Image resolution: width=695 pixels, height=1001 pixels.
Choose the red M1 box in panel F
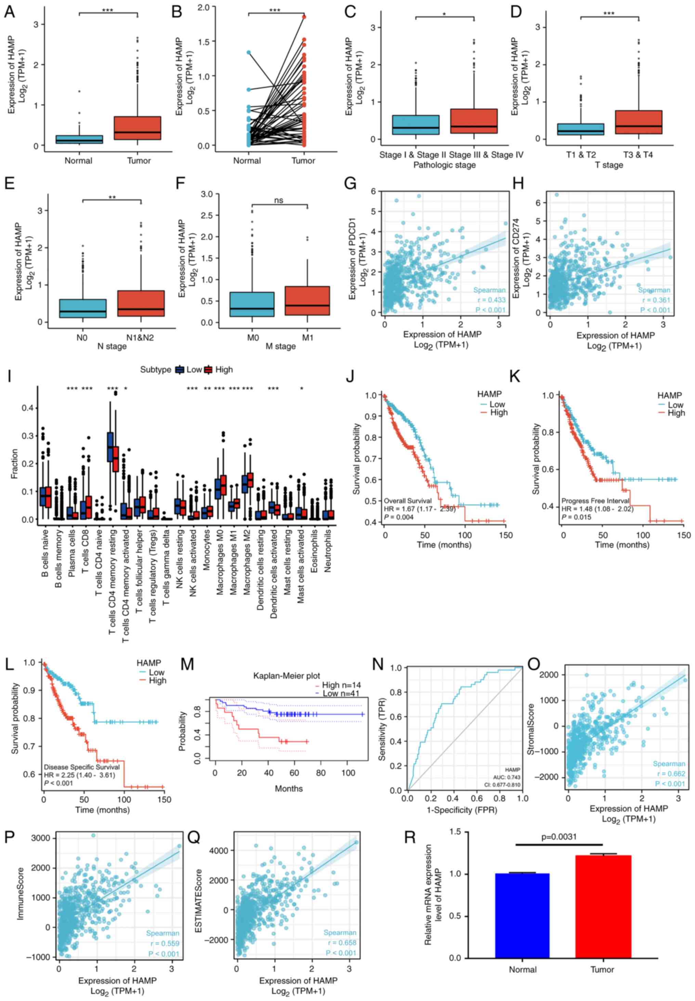[307, 301]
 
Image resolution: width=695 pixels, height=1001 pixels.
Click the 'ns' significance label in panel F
[279, 201]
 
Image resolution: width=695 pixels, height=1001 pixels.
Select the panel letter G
[351, 184]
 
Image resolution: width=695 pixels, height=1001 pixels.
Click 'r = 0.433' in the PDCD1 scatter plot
[491, 300]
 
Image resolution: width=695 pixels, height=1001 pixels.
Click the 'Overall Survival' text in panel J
[408, 501]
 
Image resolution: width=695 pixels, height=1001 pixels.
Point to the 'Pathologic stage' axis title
[444, 165]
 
